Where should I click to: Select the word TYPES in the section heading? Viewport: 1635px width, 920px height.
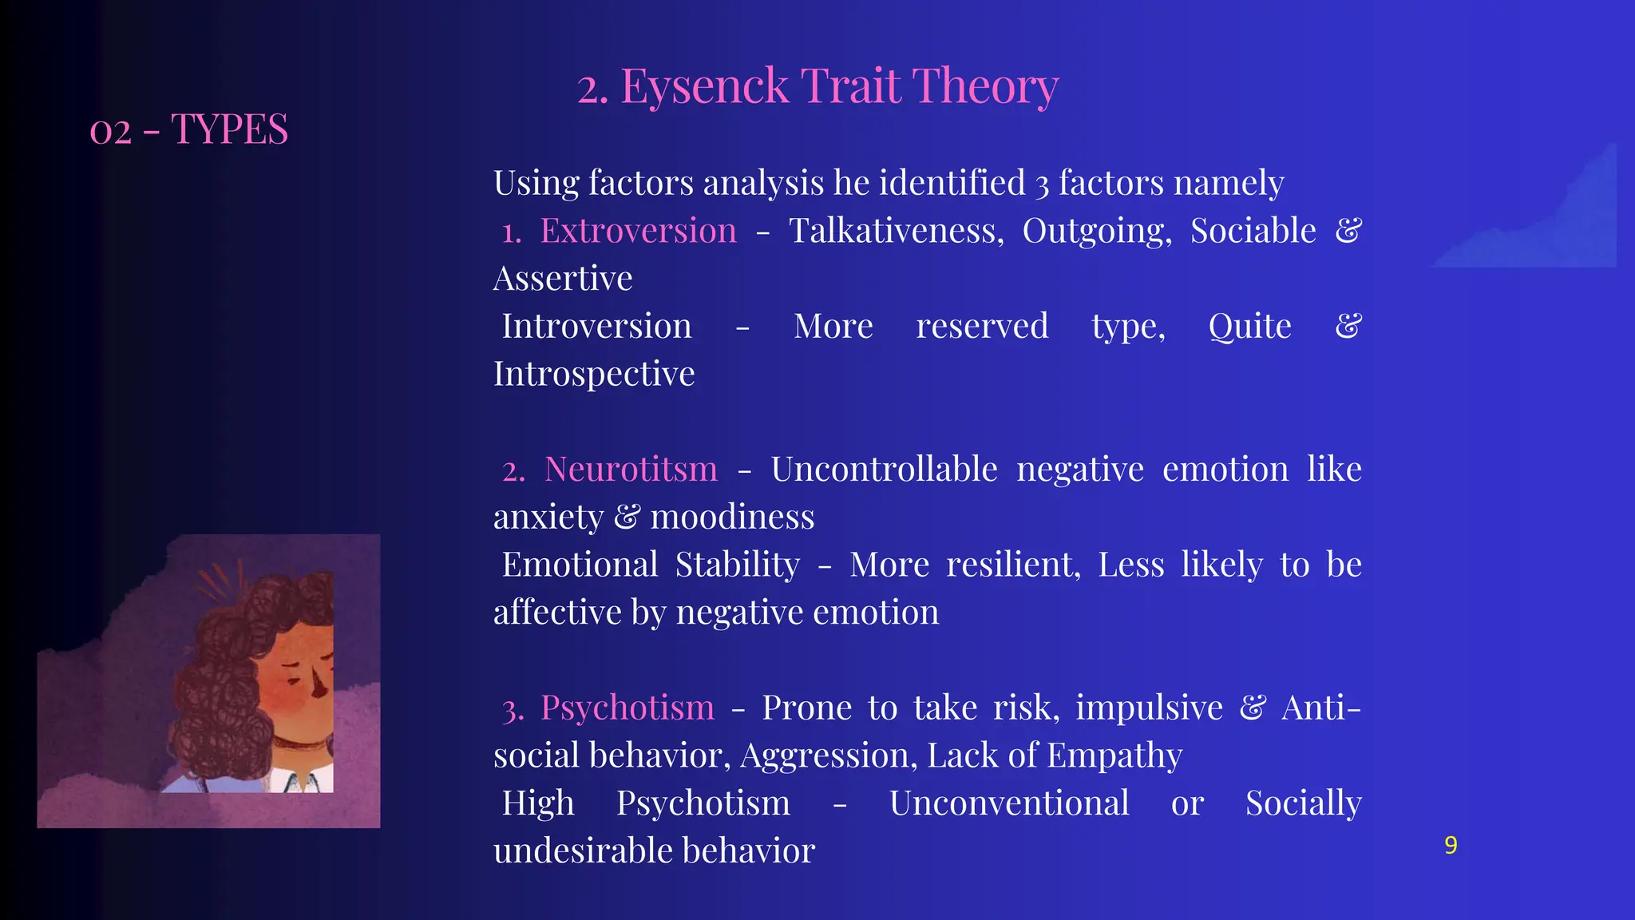pos(229,129)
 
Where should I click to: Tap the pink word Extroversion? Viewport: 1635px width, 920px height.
pos(638,231)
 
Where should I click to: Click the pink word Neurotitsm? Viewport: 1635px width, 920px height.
pos(631,470)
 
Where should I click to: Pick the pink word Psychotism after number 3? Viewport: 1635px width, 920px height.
pos(627,708)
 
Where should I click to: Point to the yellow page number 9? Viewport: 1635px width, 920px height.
pos(1451,845)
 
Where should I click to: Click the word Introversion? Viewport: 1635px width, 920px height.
pos(596,327)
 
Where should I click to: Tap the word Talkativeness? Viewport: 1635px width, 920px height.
pos(896,231)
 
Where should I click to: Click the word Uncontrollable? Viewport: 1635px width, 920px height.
pos(884,470)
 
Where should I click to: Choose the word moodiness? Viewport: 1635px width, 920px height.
pos(732,517)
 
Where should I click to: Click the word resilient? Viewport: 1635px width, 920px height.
pos(1012,565)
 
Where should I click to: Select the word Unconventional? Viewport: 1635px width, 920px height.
pos(1009,803)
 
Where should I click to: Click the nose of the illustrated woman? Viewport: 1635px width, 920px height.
pos(320,685)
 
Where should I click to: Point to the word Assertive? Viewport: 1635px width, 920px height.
pos(562,279)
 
